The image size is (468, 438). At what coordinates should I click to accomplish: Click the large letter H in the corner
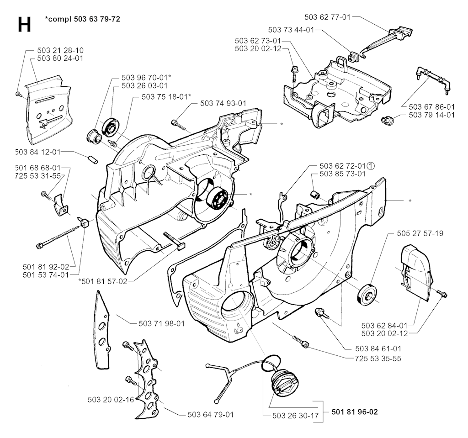(24, 25)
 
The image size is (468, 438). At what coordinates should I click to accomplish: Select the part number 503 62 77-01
(327, 17)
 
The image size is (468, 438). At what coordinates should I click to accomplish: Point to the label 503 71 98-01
(161, 323)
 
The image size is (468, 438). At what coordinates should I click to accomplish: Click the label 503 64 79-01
(210, 415)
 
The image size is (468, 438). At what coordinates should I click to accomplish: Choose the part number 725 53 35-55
(378, 359)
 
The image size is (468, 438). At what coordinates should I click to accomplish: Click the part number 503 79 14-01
(431, 115)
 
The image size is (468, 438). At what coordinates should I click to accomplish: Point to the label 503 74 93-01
(223, 104)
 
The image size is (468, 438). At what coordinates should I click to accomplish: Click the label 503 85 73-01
(343, 174)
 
